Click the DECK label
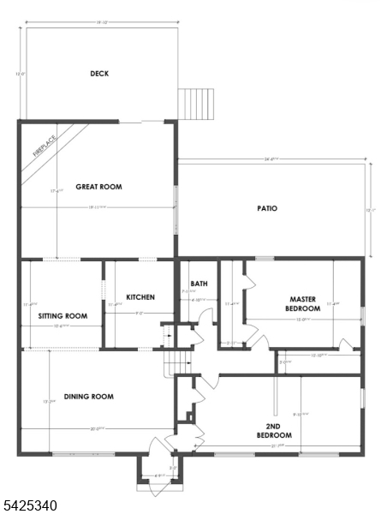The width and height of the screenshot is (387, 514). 99,74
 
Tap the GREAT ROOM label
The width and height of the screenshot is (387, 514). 98,186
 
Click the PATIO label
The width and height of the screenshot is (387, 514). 267,208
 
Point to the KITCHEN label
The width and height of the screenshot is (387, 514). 140,297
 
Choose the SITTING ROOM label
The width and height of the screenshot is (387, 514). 63,316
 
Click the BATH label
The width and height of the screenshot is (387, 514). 199,284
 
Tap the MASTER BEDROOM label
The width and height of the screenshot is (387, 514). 303,304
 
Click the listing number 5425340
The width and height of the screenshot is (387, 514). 30,506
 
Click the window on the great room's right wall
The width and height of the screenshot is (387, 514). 176,211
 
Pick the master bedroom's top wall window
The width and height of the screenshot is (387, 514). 265,258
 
